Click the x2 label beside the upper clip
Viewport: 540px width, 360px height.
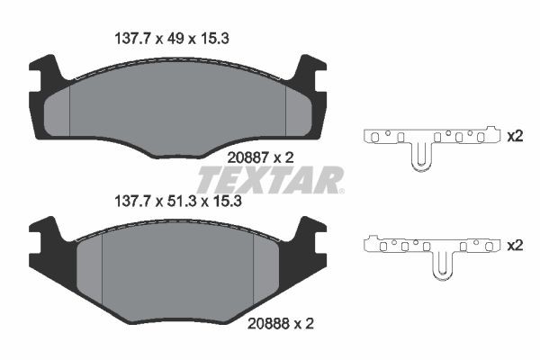click(x=515, y=137)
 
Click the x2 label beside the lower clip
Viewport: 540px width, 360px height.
click(x=515, y=244)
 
